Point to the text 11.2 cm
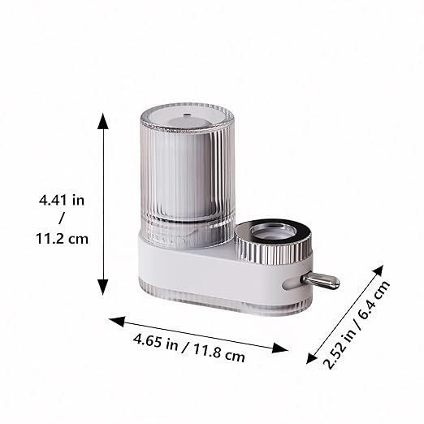coord(62,239)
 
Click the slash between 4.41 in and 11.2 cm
coord(62,218)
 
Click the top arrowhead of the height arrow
coord(103,121)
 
